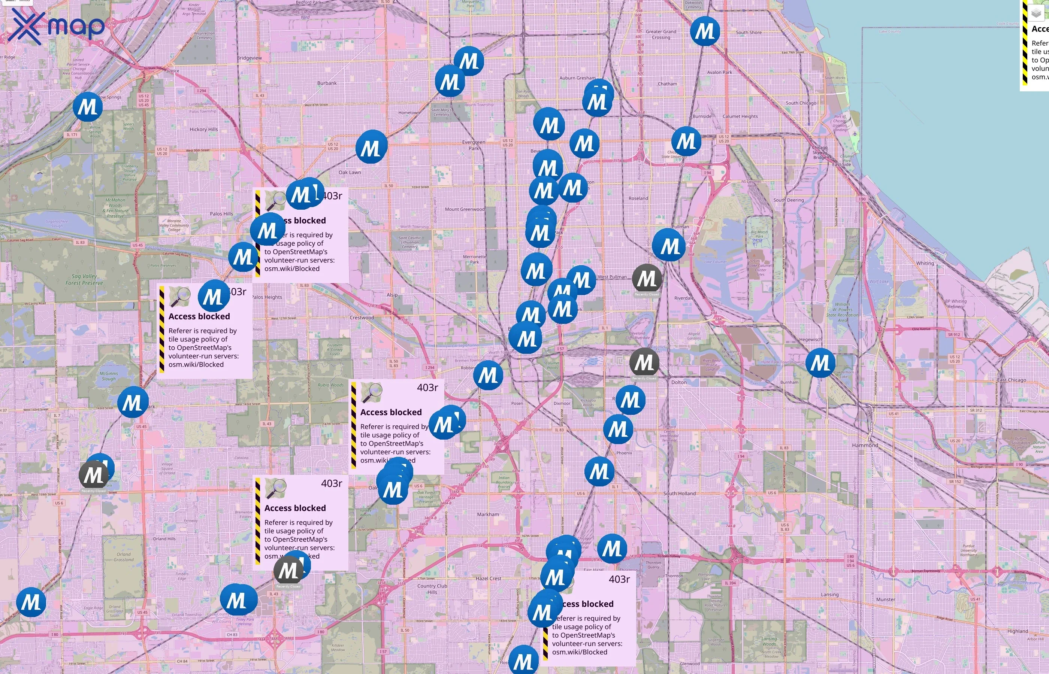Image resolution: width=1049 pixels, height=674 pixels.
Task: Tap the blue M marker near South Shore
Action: pos(704,31)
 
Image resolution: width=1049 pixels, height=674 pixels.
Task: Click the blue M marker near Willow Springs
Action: pos(88,107)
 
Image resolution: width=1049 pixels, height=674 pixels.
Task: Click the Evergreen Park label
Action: pos(473,145)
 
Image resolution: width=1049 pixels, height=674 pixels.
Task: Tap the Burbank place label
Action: pos(327,83)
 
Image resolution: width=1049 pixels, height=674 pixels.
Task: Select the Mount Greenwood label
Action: pos(465,209)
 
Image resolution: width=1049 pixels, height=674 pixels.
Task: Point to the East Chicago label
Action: pos(1011,380)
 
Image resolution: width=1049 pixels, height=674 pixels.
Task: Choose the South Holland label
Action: pos(679,494)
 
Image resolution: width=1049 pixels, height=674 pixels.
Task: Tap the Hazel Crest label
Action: pos(488,579)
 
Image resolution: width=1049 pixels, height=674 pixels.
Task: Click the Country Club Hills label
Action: pos(432,589)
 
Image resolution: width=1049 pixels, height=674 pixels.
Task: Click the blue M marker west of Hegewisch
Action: pos(820,363)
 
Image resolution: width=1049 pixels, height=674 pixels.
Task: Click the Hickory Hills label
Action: pos(203,130)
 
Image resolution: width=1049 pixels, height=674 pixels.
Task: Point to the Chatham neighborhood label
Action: pos(667,84)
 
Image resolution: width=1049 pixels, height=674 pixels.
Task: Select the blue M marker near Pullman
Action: pos(668,246)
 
